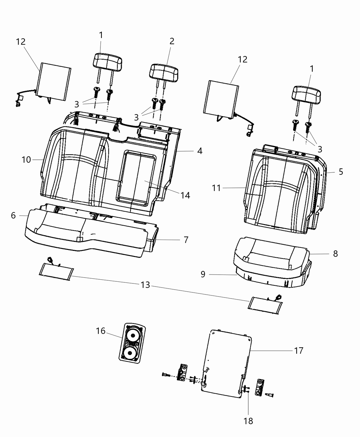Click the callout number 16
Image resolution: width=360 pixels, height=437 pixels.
point(100,331)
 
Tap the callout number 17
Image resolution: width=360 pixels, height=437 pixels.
point(299,351)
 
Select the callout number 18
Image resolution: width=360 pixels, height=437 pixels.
point(248,421)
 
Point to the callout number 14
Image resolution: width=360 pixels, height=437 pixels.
point(185,195)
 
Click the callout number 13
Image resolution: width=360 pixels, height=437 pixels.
point(145,285)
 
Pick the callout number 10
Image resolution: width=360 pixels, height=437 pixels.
point(26,160)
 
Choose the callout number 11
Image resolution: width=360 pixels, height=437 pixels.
point(216,188)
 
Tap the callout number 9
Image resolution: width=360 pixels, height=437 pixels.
point(203,275)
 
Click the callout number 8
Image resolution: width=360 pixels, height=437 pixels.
point(336,254)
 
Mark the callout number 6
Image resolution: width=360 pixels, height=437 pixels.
point(13,216)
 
